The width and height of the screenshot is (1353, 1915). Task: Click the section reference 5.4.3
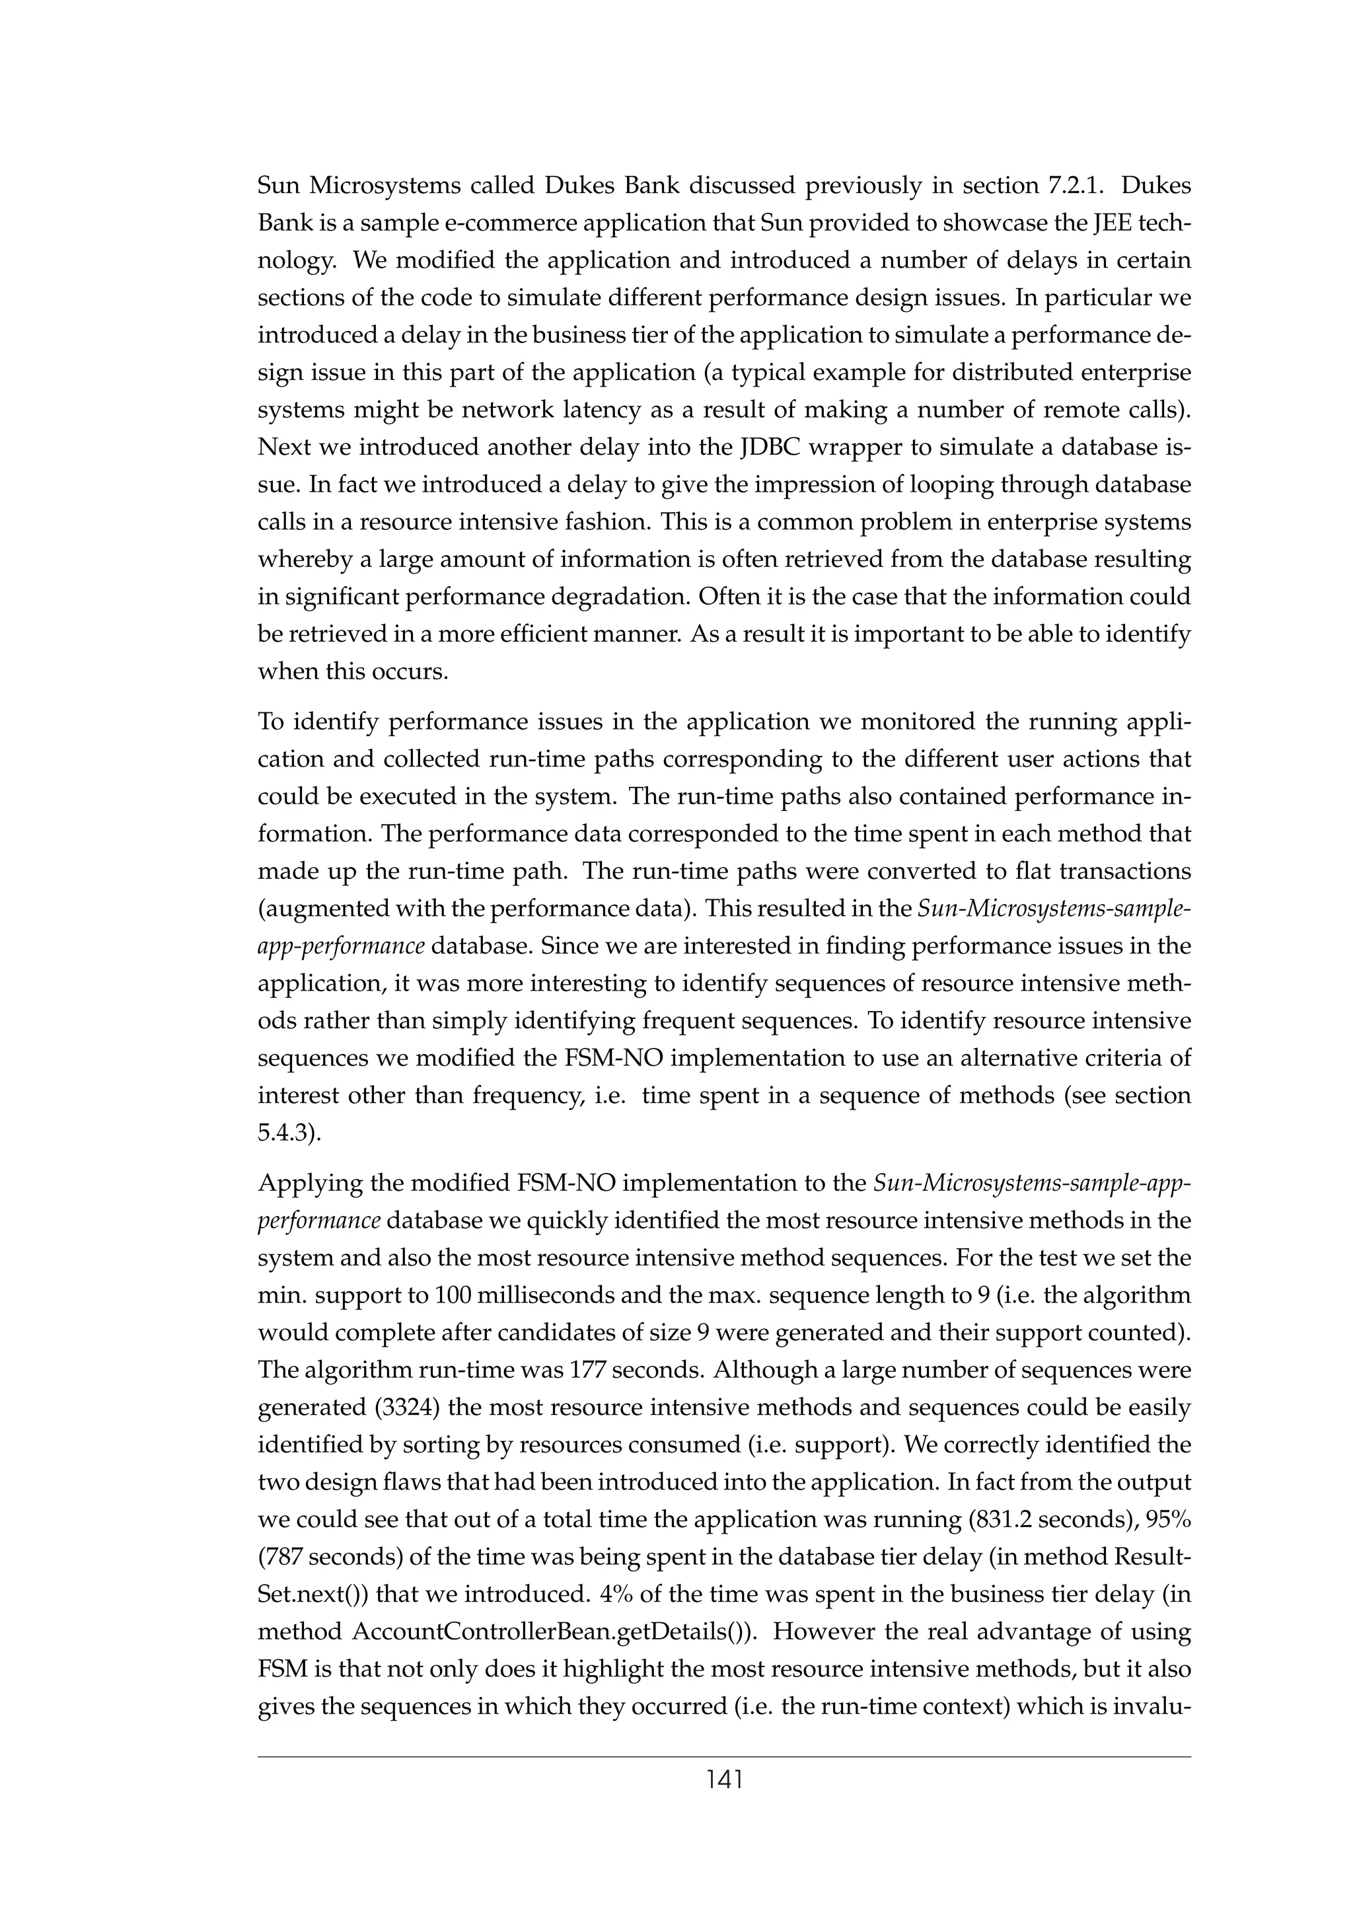[x=289, y=1133]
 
